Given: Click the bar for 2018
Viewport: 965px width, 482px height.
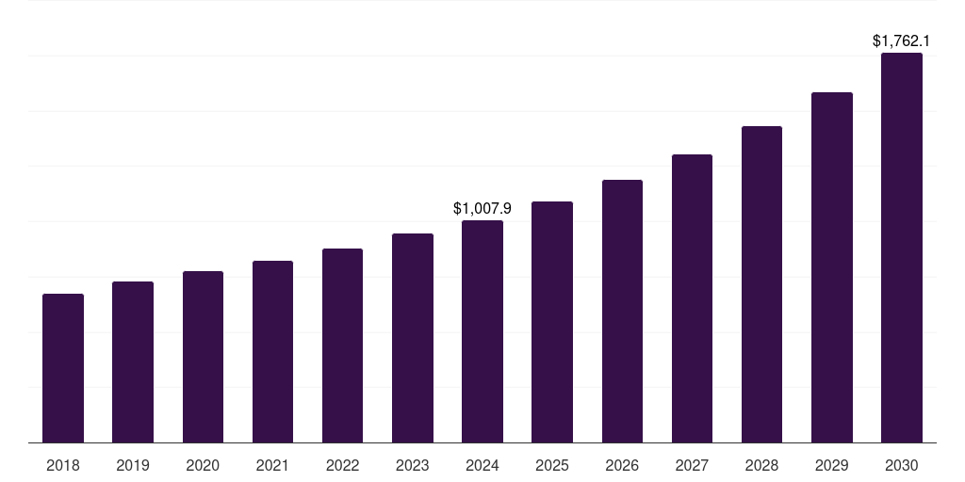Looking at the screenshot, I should (63, 368).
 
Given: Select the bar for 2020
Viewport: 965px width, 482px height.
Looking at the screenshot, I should (203, 357).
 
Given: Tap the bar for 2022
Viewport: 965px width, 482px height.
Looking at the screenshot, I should (342, 345).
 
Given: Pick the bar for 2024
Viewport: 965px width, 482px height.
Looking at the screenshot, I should (482, 331).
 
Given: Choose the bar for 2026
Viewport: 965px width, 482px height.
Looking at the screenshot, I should (622, 311).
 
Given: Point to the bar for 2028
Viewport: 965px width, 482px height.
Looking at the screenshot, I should (761, 284).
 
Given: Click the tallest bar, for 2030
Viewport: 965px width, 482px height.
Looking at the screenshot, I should (902, 248).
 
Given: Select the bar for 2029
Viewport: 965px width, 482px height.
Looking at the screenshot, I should (832, 267).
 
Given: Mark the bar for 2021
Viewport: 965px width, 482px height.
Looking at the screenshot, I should (272, 351).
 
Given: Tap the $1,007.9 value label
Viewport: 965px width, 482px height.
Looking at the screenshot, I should (482, 208).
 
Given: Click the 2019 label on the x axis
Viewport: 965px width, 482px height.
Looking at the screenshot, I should (133, 465).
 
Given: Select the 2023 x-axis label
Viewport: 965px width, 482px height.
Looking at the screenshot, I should (413, 465).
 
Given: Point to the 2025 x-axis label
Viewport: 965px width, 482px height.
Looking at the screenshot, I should (552, 465).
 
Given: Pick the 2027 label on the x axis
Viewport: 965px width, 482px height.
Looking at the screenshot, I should (692, 465).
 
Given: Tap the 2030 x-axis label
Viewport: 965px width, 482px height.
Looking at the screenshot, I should (902, 465).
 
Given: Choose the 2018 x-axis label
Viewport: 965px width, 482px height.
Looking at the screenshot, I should (63, 465).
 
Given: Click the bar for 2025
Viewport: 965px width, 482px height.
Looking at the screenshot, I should (552, 322).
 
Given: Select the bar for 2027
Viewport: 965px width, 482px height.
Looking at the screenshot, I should (692, 298).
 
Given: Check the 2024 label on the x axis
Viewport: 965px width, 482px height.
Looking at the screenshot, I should (482, 465).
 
